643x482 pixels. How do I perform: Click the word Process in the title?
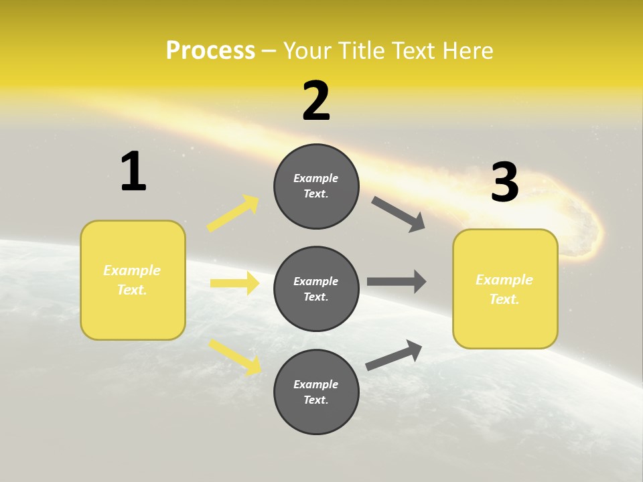tap(210, 51)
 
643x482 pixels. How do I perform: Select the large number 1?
tap(133, 172)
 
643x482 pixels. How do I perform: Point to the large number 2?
tap(316, 101)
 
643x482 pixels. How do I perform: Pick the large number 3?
tap(504, 182)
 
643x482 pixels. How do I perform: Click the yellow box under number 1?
tap(133, 280)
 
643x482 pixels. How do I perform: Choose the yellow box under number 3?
tap(505, 289)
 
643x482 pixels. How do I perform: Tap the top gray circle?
tap(316, 186)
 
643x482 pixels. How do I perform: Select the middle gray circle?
tap(316, 289)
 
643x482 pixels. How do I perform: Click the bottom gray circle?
tap(316, 392)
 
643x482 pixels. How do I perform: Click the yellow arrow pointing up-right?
tap(233, 213)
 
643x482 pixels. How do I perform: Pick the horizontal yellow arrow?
tap(234, 283)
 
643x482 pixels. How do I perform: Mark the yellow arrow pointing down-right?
tap(234, 356)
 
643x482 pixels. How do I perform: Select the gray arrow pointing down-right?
tap(399, 214)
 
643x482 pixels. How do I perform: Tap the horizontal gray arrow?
tap(397, 281)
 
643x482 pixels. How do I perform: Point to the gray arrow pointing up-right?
tap(395, 355)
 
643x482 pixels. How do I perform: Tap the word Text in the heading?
tap(413, 51)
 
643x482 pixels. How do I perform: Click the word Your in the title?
tap(305, 51)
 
